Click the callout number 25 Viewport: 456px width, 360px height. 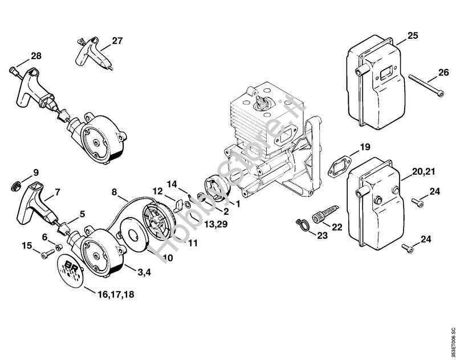point(412,35)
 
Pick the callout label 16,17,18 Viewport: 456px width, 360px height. point(116,294)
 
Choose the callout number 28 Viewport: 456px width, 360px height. point(36,55)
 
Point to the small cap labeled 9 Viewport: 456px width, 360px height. point(16,186)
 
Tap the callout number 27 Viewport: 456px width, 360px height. point(117,40)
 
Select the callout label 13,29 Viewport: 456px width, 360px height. point(215,224)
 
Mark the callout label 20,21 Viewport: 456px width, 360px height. point(424,171)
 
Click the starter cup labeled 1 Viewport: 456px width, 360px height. point(217,189)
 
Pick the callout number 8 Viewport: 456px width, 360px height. point(115,192)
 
